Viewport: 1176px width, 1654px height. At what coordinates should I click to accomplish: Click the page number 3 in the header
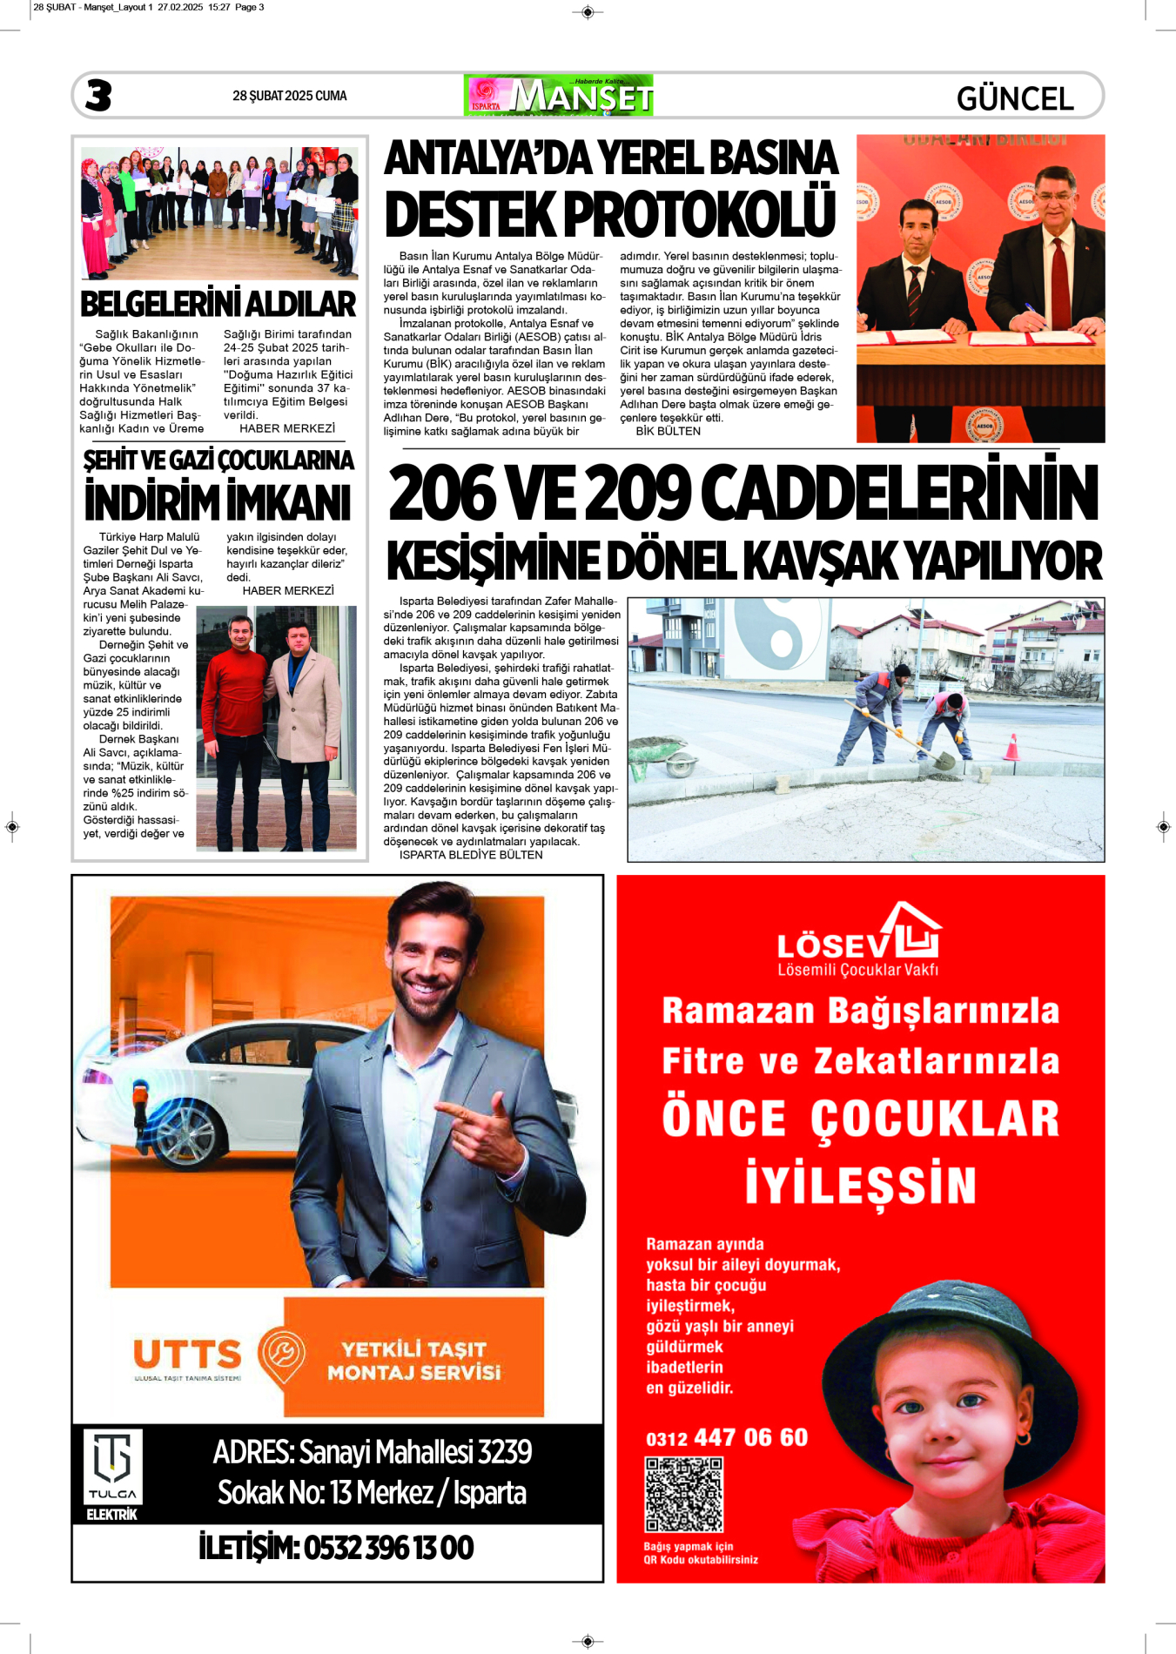(98, 96)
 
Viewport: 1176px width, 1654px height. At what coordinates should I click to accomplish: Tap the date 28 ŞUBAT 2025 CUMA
(289, 96)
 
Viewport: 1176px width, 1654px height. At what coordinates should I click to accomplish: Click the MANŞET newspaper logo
(559, 96)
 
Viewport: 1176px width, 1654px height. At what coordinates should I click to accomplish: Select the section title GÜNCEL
(1015, 98)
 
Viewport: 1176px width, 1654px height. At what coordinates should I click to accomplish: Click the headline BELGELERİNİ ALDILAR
(218, 304)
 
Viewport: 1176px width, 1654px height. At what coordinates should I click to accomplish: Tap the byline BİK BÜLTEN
(668, 431)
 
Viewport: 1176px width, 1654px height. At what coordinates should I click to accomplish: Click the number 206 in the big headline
(441, 494)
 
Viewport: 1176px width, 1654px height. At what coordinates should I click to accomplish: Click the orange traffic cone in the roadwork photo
(1011, 748)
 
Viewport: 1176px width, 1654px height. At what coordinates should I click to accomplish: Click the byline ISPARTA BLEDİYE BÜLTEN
(470, 855)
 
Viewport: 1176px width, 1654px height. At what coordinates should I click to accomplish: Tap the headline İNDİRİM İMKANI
(218, 502)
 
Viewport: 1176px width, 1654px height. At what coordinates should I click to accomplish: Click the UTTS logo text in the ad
(187, 1355)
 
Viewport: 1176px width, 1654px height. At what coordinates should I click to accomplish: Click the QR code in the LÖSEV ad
(683, 1495)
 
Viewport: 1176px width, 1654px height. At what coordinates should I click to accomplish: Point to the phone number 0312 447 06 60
(727, 1437)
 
